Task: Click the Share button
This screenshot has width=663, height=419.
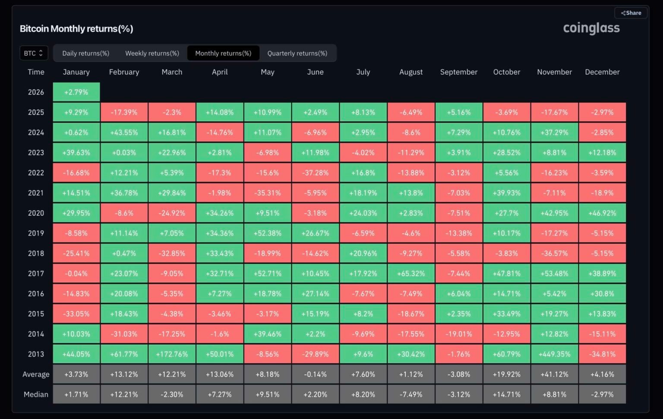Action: pos(631,13)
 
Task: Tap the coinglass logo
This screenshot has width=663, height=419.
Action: pos(591,28)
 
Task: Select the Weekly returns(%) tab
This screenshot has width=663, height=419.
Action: pos(152,53)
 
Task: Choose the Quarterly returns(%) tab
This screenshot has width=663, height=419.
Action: pos(297,53)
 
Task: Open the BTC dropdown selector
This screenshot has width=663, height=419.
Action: pos(34,53)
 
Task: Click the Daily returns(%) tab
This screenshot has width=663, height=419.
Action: pos(85,53)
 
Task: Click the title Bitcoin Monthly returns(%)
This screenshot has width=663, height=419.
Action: pos(76,29)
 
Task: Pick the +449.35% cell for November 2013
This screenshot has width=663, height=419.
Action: pos(554,354)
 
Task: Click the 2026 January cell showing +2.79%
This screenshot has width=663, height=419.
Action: pos(76,92)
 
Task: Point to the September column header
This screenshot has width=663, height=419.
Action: pos(458,72)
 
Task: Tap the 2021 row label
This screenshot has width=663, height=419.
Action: pos(36,193)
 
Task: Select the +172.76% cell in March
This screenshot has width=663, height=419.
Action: pos(172,354)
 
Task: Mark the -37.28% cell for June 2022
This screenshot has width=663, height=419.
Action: pos(315,173)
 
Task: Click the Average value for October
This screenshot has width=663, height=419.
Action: pos(506,374)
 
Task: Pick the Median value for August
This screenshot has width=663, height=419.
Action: pos(411,394)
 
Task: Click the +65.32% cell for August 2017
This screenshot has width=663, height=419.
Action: pos(411,274)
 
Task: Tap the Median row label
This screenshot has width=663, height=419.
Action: pos(36,394)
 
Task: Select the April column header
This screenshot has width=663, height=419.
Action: pos(220,72)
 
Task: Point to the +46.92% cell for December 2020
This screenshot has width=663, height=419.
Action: pos(602,213)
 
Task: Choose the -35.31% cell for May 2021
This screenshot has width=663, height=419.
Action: pos(268,193)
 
